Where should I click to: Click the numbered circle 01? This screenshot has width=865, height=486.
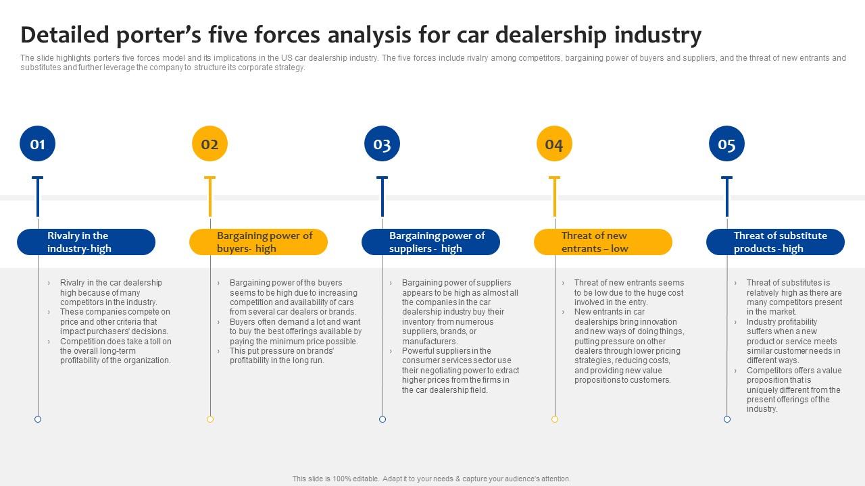(37, 144)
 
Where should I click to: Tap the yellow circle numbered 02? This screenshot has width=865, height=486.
(209, 144)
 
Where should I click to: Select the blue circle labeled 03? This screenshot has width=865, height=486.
(382, 144)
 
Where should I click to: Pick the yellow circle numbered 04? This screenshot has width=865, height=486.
(554, 144)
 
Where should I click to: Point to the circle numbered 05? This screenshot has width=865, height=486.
(726, 144)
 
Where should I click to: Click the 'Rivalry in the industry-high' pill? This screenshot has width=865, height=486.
(86, 242)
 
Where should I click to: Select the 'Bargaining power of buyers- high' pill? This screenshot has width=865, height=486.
(258, 242)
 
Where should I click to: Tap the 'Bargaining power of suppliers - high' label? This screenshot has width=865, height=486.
(430, 242)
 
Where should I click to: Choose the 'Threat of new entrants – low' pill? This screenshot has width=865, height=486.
(603, 242)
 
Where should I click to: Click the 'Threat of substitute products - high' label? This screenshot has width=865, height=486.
(775, 242)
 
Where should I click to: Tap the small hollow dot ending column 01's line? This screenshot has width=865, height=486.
(38, 419)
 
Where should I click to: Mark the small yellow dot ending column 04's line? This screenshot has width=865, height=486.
(555, 419)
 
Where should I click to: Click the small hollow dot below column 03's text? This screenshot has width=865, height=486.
(382, 419)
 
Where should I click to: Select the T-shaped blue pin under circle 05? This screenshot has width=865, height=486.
(726, 196)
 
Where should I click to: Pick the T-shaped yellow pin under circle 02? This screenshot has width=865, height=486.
(209, 196)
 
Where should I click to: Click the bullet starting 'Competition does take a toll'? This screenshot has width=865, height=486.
(115, 351)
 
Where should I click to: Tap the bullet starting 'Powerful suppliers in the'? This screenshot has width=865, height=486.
(460, 370)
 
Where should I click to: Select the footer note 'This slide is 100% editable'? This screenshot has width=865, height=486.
(431, 479)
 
